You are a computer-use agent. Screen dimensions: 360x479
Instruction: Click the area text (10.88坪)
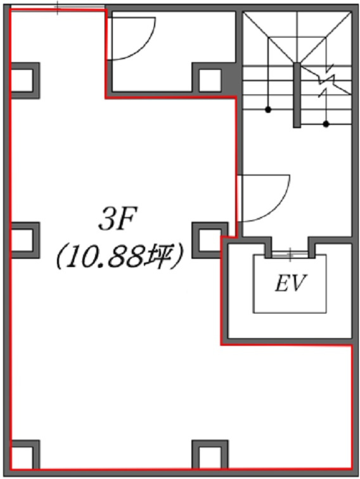click(x=120, y=256)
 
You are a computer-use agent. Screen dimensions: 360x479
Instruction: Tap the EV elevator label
click(x=290, y=284)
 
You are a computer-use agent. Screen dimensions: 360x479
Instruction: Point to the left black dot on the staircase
click(x=268, y=109)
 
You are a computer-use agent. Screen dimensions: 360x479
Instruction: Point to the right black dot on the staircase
click(x=326, y=124)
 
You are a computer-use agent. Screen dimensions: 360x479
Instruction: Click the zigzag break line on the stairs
click(x=326, y=80)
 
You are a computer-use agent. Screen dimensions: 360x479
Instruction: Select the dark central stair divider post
click(x=297, y=95)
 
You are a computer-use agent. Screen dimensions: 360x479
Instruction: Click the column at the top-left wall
click(x=25, y=81)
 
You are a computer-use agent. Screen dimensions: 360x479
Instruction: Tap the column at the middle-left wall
click(x=25, y=240)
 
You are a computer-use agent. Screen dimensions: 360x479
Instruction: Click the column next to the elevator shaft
click(x=210, y=240)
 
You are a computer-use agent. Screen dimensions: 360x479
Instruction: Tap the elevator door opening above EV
click(x=290, y=254)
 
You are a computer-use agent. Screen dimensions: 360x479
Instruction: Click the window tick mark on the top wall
click(x=58, y=8)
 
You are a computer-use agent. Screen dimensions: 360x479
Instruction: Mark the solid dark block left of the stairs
click(x=232, y=79)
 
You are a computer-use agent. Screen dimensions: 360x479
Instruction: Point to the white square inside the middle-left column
click(x=22, y=240)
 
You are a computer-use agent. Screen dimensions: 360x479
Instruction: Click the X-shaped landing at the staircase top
click(x=297, y=37)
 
